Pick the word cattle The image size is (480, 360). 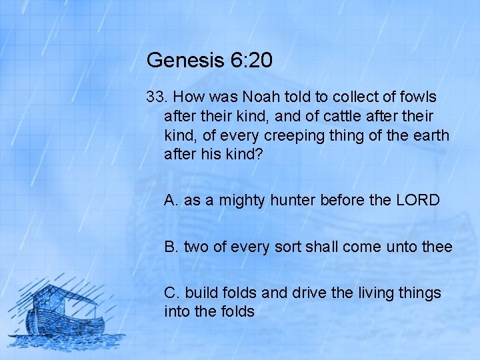pos(345,116)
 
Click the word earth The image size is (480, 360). pos(430,135)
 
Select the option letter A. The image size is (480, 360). pos(171,200)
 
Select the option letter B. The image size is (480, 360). pos(171,247)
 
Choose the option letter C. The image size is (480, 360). pos(171,293)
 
